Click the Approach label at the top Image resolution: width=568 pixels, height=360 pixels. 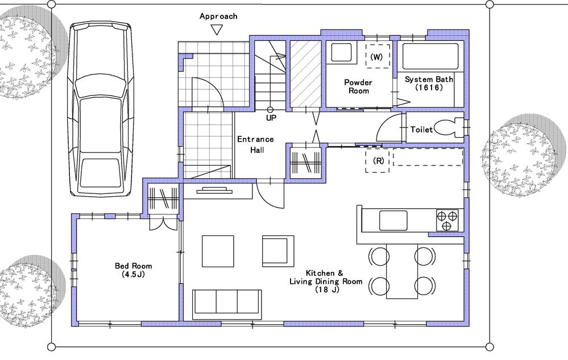pos(218,16)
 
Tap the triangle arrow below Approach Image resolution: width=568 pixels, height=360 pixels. pos(216,30)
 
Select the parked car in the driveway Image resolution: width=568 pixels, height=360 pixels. pos(101,110)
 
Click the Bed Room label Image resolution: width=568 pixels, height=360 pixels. pos(134,270)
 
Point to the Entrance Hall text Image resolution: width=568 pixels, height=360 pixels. pos(255,144)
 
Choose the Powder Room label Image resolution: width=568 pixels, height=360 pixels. pos(358,86)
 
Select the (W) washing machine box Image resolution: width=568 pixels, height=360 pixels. pos(376,57)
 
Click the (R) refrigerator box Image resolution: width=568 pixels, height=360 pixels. pos(378,161)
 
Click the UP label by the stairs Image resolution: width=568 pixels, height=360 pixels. pos(271,118)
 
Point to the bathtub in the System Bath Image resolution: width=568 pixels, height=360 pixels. pos(430,56)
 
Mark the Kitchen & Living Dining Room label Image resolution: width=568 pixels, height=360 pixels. pos(326,281)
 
